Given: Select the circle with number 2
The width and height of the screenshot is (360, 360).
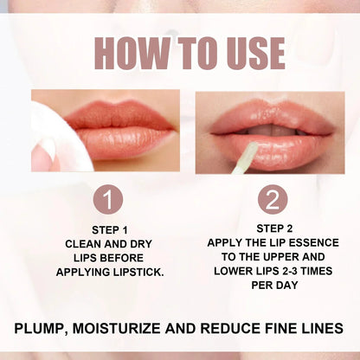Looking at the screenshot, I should click(x=271, y=200).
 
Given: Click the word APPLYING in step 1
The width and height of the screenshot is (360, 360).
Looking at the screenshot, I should click(x=88, y=272).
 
